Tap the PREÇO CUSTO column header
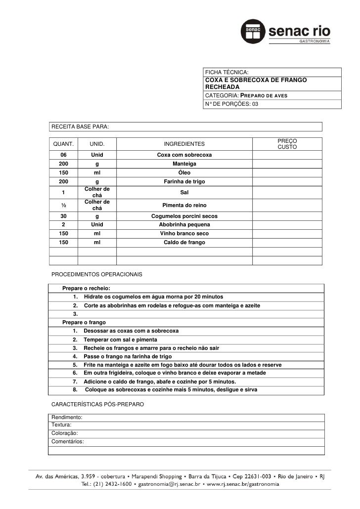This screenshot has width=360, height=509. pyautogui.click(x=287, y=144)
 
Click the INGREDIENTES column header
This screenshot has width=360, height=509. pyautogui.click(x=184, y=144)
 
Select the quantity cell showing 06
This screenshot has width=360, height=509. pyautogui.click(x=64, y=155)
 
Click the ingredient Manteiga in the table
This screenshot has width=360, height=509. pyautogui.click(x=184, y=164)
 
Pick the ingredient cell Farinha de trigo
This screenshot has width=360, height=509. pyautogui.click(x=184, y=182)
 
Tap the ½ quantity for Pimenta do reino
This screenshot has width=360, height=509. pyautogui.click(x=64, y=205)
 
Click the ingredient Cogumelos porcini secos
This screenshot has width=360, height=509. pyautogui.click(x=184, y=216)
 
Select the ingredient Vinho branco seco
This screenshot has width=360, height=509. pyautogui.click(x=184, y=233)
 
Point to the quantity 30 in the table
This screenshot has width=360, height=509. pyautogui.click(x=64, y=216)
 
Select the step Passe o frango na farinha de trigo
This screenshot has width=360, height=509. pyautogui.click(x=128, y=356)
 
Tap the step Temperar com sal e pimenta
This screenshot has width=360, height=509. pyautogui.click(x=120, y=339)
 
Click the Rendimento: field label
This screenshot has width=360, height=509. pyautogui.click(x=67, y=418)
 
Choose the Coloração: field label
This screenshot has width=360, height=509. pyautogui.click(x=64, y=433)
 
